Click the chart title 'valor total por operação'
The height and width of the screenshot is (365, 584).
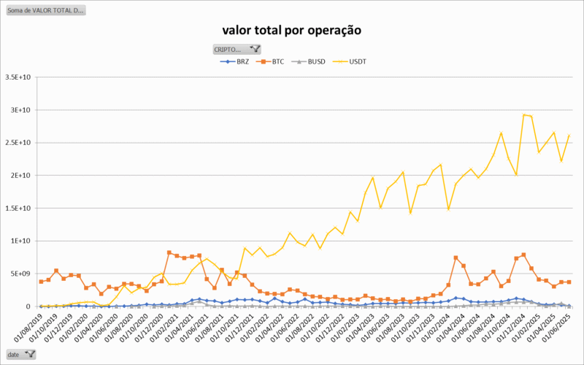[x=291, y=30]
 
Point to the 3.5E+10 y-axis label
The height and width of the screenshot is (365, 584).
[x=18, y=77]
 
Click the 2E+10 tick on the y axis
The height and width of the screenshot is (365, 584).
[x=20, y=176]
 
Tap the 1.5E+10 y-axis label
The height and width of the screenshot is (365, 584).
[x=18, y=208]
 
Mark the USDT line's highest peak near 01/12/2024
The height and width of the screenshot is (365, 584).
[x=523, y=114]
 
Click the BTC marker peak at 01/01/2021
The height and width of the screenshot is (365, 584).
[x=169, y=252]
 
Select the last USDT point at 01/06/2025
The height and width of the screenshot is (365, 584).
[x=569, y=135]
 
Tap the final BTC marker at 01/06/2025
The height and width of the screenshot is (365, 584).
[x=569, y=282]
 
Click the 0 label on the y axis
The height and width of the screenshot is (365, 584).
[x=27, y=306]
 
